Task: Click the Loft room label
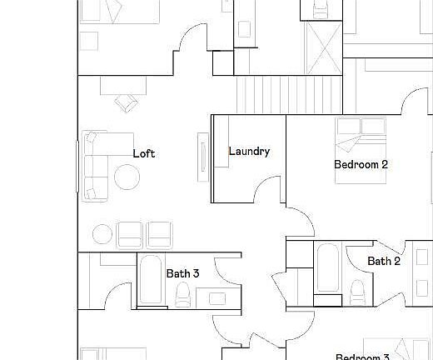tap(144, 153)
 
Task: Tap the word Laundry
tap(249, 152)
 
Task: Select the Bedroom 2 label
tap(361, 164)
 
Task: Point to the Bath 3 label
tap(182, 272)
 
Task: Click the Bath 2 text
tap(384, 261)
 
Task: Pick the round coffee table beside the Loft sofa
tap(127, 177)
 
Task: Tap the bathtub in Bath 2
tap(327, 267)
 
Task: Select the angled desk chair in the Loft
tap(127, 102)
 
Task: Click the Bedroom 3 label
tap(362, 357)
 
